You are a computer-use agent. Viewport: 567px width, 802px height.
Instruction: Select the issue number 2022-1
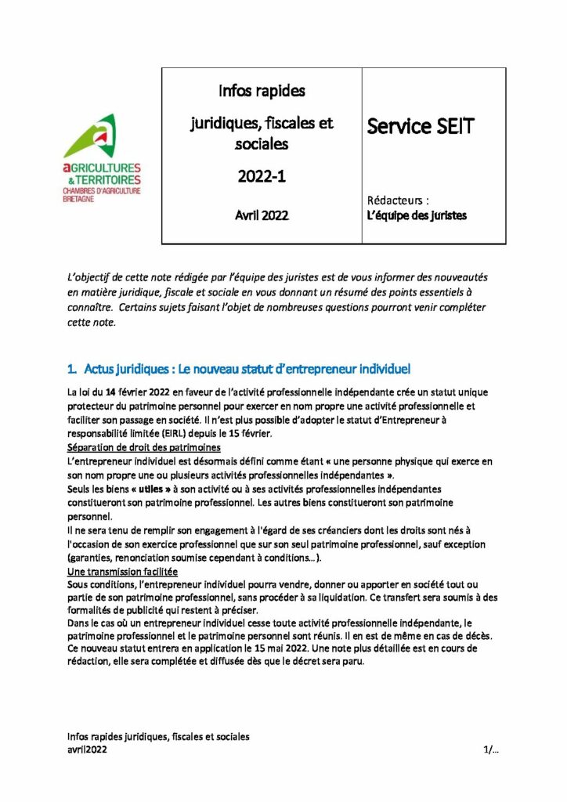click(262, 177)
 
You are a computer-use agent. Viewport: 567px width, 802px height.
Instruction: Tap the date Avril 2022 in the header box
click(262, 215)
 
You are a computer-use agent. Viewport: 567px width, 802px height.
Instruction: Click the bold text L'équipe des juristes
click(417, 215)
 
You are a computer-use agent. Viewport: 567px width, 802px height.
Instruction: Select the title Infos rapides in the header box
click(262, 91)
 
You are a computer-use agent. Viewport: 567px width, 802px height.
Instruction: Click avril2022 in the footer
click(88, 750)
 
